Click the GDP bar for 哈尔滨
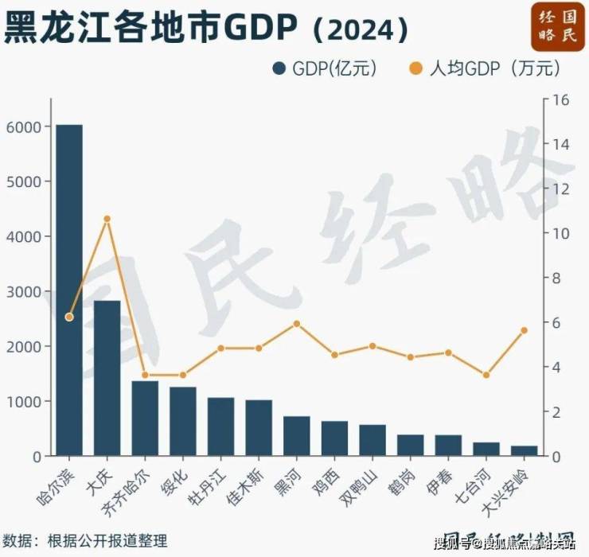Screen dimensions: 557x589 tap(68, 290)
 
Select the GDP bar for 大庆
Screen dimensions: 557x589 tap(107, 379)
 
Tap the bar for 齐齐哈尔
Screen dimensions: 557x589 tap(145, 419)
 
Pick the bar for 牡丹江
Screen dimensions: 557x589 tap(220, 427)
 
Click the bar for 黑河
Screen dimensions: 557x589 tap(296, 436)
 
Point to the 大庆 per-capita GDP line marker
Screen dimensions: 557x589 tap(107, 219)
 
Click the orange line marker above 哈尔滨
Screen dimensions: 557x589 tap(68, 317)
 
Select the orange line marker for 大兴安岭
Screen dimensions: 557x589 tap(524, 330)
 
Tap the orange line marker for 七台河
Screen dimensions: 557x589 tap(486, 375)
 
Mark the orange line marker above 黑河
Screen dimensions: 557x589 tap(296, 324)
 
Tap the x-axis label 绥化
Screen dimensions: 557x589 tap(176, 480)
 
